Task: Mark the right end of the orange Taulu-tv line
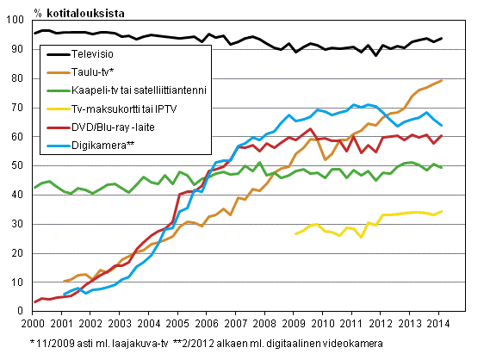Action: [443, 80]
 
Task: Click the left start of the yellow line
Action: [295, 233]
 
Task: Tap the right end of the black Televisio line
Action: [443, 38]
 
